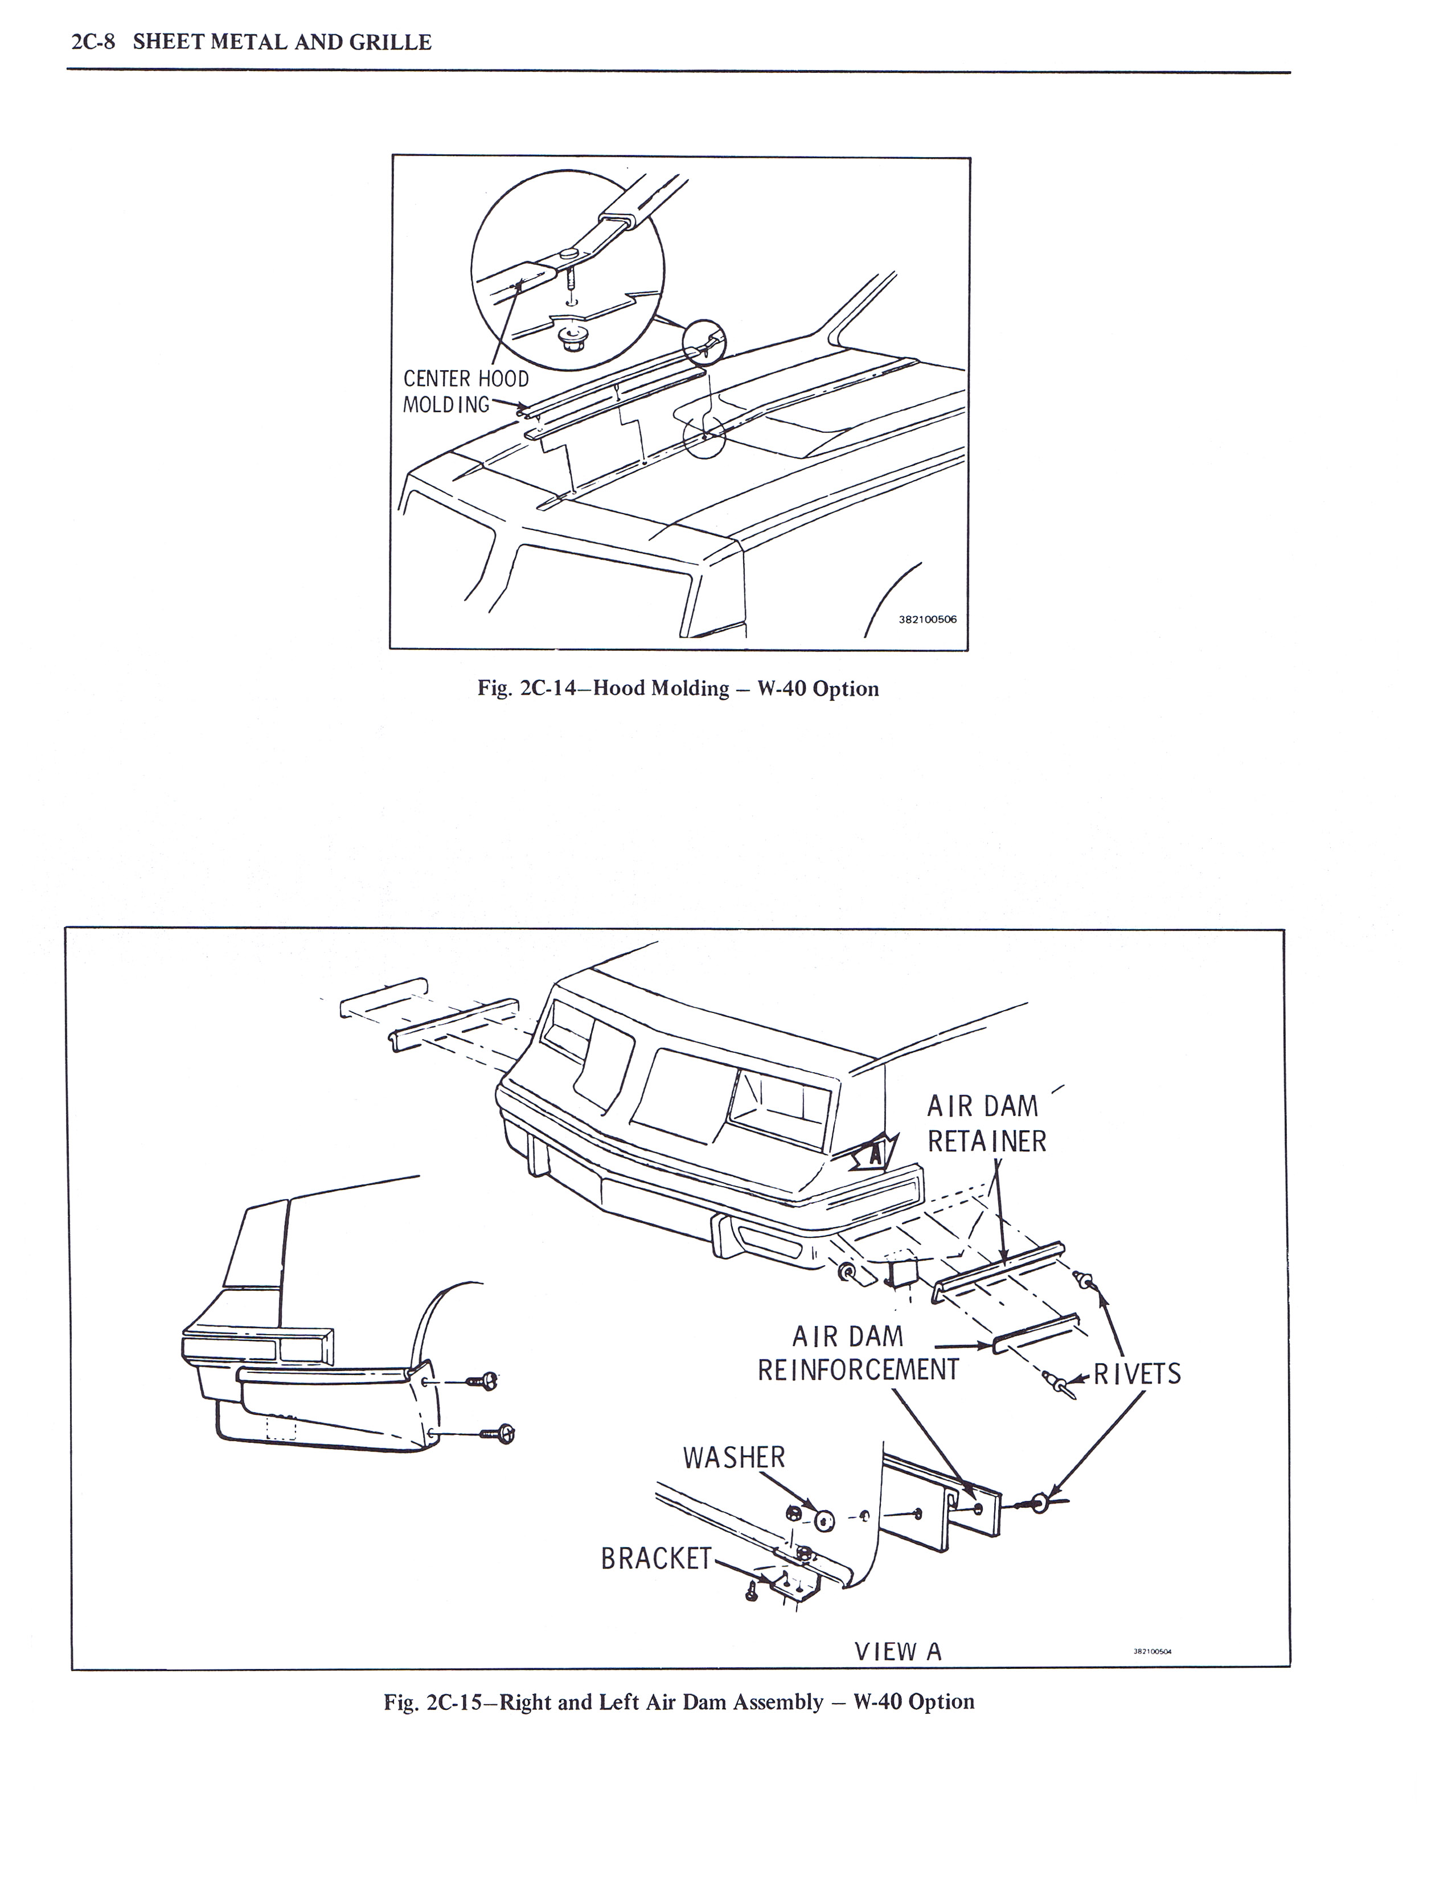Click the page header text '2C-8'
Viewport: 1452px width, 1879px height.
click(92, 42)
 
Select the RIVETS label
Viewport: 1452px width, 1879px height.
click(1137, 1374)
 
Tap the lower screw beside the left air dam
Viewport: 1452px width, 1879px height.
click(497, 1433)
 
